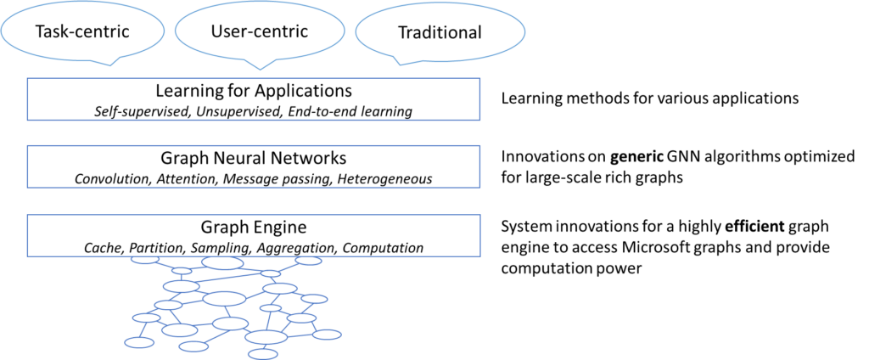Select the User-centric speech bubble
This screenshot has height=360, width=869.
coord(259,31)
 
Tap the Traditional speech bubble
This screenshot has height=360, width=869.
coord(440,34)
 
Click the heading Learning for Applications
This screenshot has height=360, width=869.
coord(254,90)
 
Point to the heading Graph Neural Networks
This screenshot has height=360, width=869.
coord(253,158)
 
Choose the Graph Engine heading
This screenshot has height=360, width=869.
coord(253,227)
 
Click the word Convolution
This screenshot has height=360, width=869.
coord(111,179)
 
